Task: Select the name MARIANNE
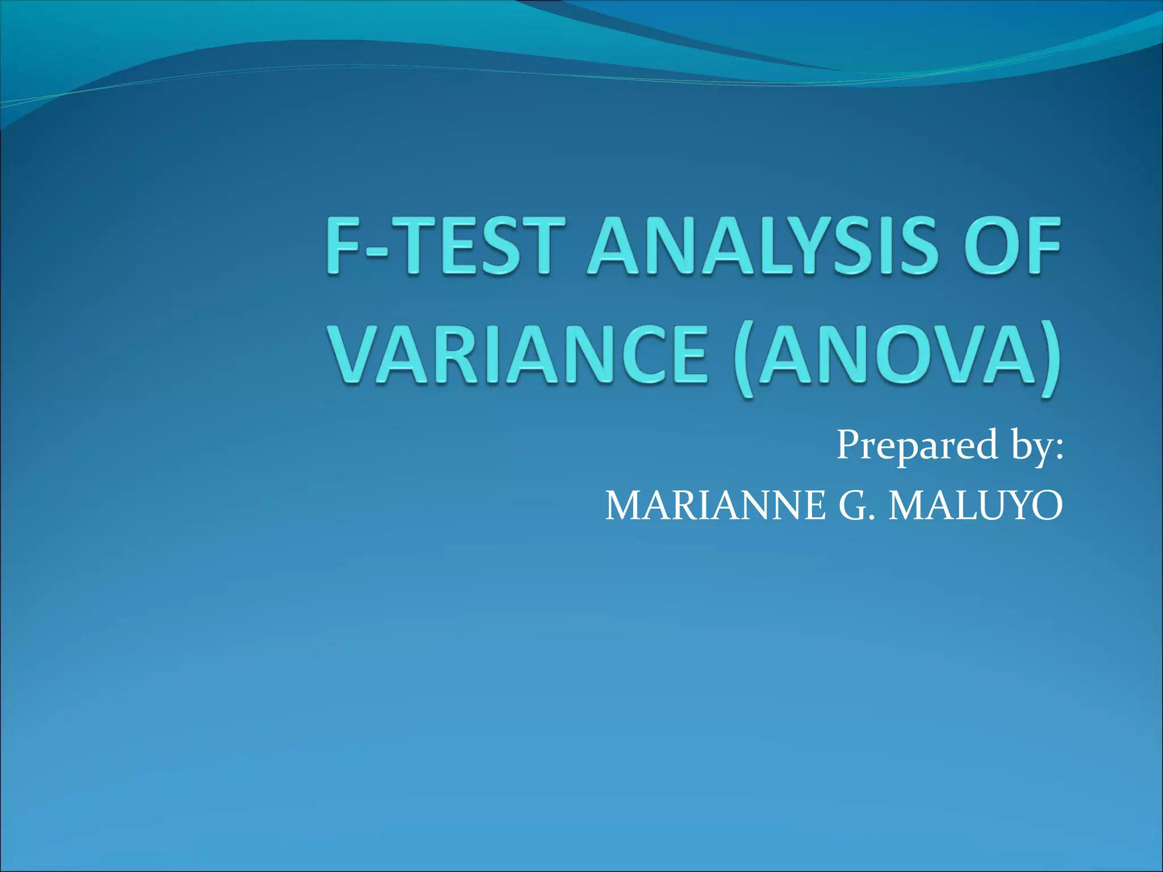[x=716, y=505]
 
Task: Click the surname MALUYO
[x=976, y=505]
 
